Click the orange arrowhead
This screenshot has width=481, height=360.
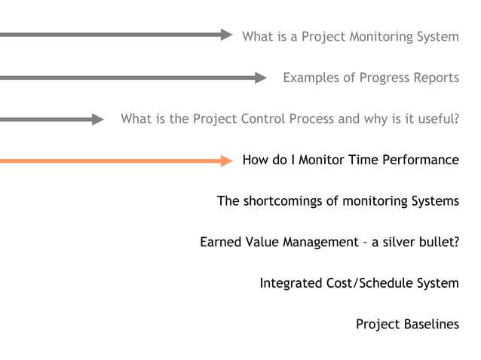(227, 160)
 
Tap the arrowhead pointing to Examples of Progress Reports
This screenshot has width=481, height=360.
(261, 78)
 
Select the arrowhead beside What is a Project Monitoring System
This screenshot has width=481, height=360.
(227, 35)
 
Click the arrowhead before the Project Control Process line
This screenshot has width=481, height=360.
(98, 119)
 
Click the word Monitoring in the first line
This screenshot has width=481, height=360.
(381, 36)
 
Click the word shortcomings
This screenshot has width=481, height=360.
(290, 201)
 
